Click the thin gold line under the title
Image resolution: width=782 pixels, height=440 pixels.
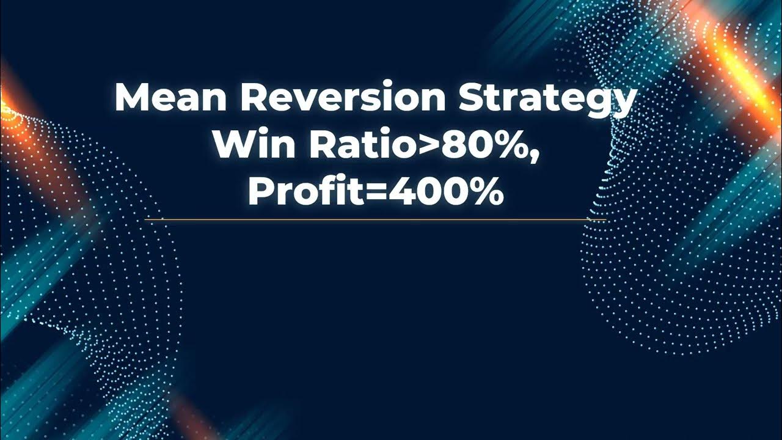tap(376, 219)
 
